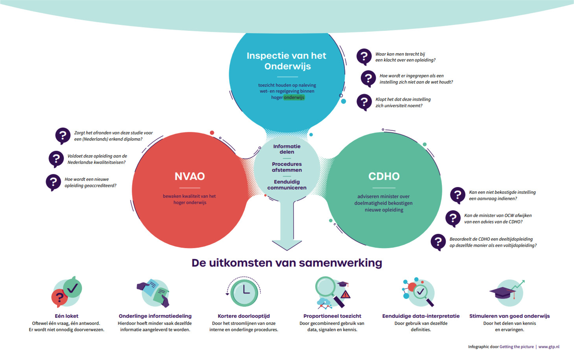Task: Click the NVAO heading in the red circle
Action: [x=189, y=176]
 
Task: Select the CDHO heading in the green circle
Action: [x=384, y=176]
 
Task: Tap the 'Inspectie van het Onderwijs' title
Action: [x=286, y=61]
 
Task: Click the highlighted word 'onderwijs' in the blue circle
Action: [x=294, y=97]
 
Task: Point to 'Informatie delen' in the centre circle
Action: [x=287, y=149]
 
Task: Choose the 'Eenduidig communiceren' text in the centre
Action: [x=287, y=185]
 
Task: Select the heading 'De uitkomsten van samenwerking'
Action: [x=287, y=263]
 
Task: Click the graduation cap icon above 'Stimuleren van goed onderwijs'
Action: [x=502, y=292]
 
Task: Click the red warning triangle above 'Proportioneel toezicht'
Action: [x=345, y=294]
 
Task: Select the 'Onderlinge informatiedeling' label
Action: [x=155, y=316]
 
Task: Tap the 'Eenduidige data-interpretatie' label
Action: [x=421, y=316]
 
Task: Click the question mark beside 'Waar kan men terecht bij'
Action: [x=364, y=56]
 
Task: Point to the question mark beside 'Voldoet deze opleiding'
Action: [x=56, y=158]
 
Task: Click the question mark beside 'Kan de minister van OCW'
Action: [x=453, y=218]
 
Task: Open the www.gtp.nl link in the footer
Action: [x=549, y=347]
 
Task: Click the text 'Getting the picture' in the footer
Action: [x=516, y=347]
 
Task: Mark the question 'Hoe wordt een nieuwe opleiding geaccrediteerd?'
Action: [x=90, y=182]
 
